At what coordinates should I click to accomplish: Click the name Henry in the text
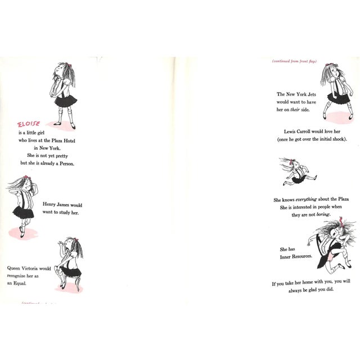click(52, 205)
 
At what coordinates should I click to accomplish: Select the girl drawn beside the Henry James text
click(21, 208)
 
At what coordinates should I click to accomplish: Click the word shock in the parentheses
click(334, 138)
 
